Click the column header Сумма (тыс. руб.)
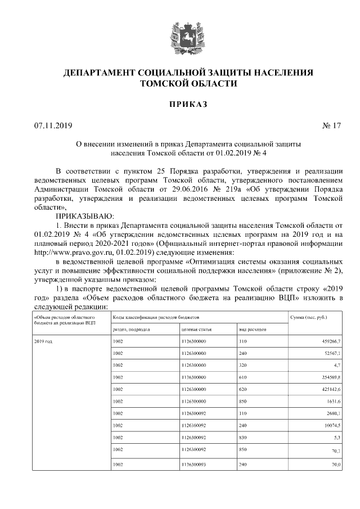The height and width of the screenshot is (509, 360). pyautogui.click(x=308, y=318)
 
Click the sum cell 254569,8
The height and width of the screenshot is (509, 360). pyautogui.click(x=329, y=376)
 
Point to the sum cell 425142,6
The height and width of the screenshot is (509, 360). pyautogui.click(x=329, y=389)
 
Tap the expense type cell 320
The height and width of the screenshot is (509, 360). pyautogui.click(x=243, y=364)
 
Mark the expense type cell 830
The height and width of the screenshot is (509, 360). pyautogui.click(x=243, y=436)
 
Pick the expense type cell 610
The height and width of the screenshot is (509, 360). pyautogui.click(x=243, y=376)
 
